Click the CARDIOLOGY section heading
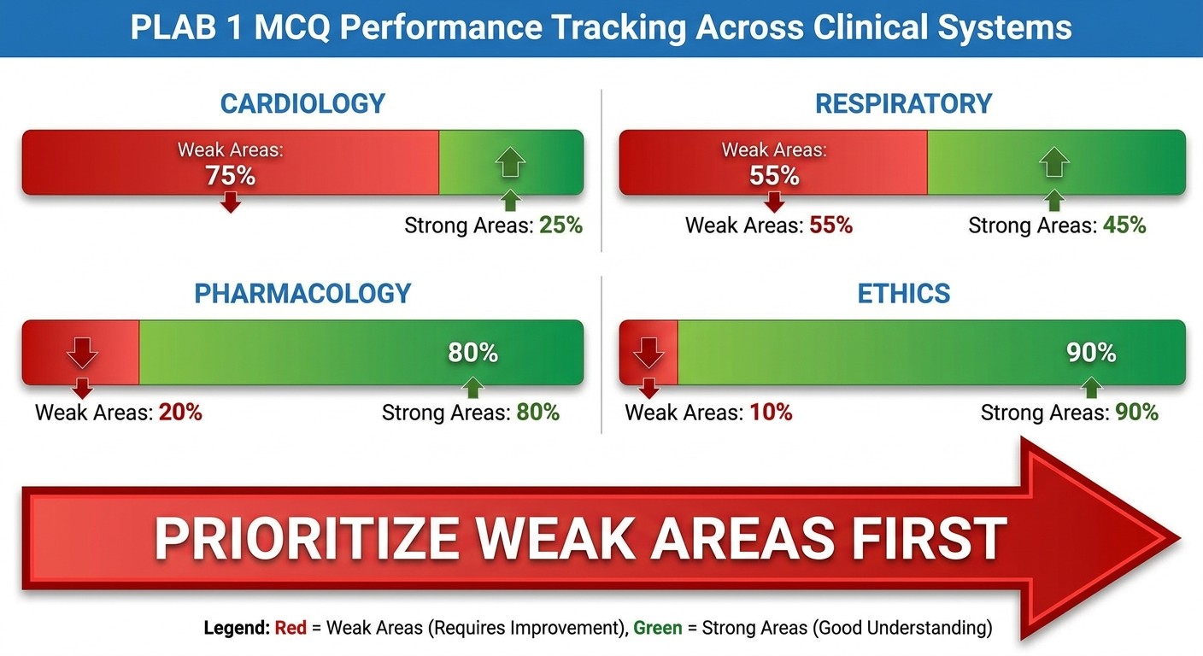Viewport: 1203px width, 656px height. (302, 103)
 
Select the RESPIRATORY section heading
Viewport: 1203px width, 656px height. (903, 103)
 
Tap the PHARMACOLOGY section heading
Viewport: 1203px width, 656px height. (302, 293)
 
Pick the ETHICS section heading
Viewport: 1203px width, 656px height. (903, 293)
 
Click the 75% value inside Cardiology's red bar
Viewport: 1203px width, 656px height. (230, 176)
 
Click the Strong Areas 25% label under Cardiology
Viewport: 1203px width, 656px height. (493, 225)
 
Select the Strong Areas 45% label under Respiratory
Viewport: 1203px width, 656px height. (1057, 225)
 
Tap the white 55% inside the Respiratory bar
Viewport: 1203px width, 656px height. (774, 176)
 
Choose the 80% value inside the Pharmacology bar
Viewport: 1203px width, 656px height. (472, 353)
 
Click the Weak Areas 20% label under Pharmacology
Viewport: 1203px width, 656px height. (119, 413)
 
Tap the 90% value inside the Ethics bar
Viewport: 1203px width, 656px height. (1091, 353)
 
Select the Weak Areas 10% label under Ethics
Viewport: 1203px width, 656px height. (708, 413)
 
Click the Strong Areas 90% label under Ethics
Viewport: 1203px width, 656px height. (1069, 413)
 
